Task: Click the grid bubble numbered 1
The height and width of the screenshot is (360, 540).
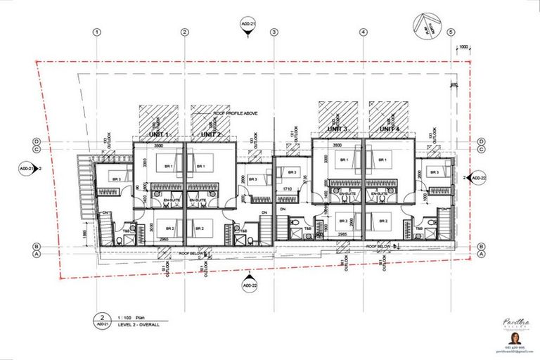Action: tap(96, 32)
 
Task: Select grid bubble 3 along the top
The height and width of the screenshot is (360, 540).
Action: tap(274, 32)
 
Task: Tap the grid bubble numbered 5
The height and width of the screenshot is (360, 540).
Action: tap(451, 32)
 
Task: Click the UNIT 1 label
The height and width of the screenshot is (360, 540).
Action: tap(159, 134)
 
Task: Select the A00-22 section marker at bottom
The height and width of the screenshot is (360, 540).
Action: tap(250, 286)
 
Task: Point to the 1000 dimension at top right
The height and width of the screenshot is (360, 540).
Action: tap(463, 48)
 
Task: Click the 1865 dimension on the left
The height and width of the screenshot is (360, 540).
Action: tap(84, 233)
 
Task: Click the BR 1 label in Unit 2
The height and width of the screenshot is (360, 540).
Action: tap(201, 167)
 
